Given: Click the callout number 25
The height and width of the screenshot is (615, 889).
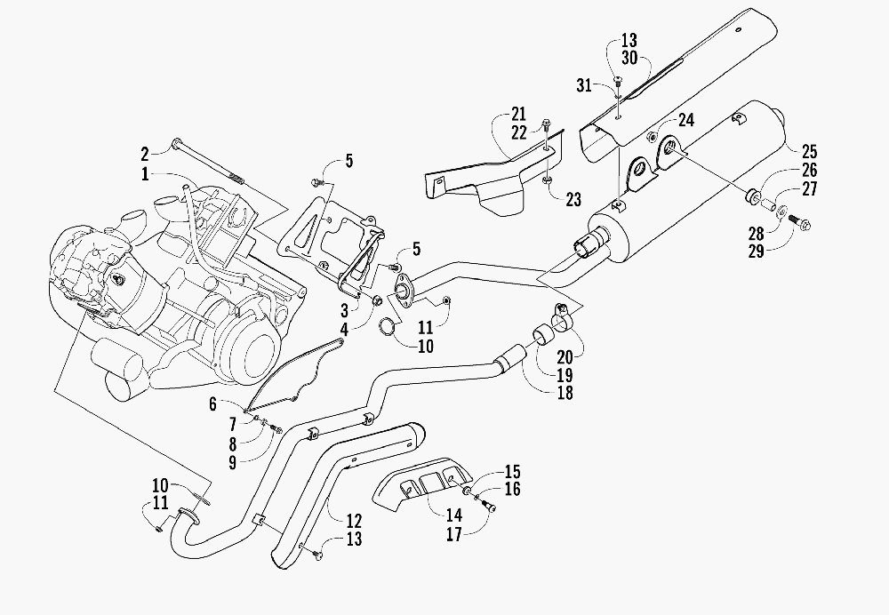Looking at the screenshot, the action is click(809, 151).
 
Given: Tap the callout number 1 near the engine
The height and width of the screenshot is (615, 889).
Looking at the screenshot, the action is click(145, 173).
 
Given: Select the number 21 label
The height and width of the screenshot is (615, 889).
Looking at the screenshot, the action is click(519, 114).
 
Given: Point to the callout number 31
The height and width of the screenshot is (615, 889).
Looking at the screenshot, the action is click(584, 85).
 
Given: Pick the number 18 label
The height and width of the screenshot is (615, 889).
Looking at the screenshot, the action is click(565, 392).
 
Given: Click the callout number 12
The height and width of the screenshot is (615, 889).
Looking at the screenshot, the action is click(354, 520).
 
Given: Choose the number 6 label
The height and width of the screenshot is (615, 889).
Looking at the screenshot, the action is click(212, 403).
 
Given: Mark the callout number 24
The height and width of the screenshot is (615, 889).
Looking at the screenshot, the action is click(686, 120).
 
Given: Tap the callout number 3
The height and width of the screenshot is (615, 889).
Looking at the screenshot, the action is click(344, 310).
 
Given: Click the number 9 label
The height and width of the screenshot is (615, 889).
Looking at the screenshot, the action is click(232, 462).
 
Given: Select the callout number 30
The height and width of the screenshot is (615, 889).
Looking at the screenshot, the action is click(629, 58).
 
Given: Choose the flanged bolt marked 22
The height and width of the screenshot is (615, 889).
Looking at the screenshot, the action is click(547, 124).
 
